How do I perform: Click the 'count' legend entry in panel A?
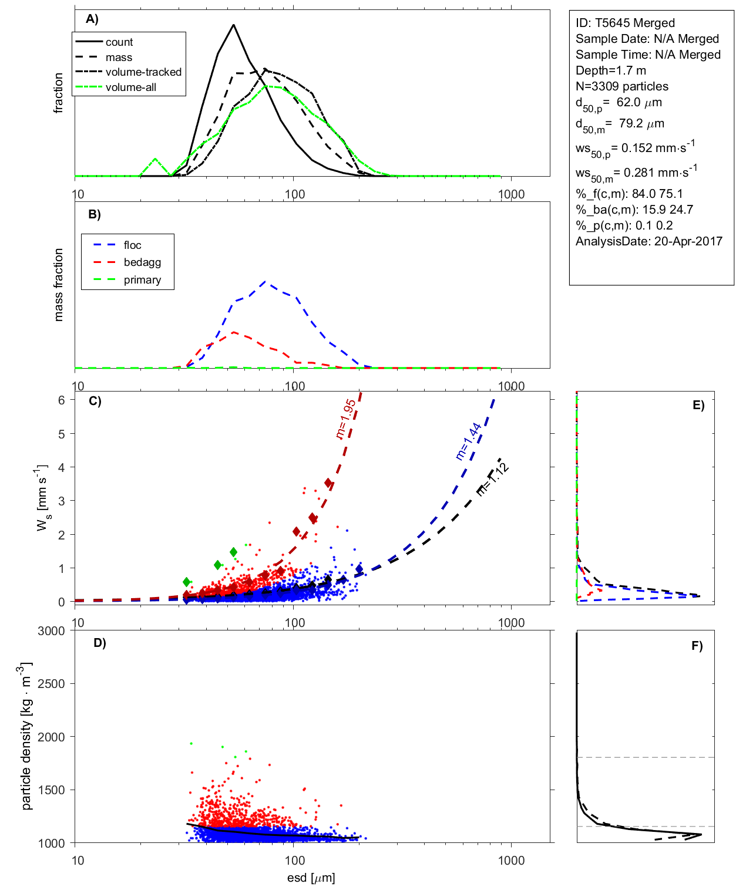tap(119, 42)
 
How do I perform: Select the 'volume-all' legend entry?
tap(130, 87)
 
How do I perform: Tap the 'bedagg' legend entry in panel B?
tap(142, 262)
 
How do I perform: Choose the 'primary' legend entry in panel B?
tap(142, 280)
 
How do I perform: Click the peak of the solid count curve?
tap(234, 25)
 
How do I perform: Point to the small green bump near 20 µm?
tap(155, 159)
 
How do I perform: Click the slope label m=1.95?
tap(345, 419)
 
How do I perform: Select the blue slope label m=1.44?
tap(469, 440)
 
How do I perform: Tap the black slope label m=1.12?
tap(492, 480)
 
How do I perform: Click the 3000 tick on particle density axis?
tap(51, 631)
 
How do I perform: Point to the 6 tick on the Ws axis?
tap(61, 400)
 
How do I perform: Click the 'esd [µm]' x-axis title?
tap(311, 878)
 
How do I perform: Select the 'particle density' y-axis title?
tap(26, 736)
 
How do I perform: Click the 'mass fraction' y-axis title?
tap(58, 285)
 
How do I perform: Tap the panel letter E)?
tap(698, 405)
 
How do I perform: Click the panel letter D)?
tap(100, 643)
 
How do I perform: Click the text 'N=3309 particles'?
tap(621, 86)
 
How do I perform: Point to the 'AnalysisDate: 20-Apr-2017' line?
tap(648, 241)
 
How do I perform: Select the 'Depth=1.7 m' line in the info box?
tap(610, 70)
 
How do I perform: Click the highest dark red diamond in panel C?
tap(329, 483)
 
